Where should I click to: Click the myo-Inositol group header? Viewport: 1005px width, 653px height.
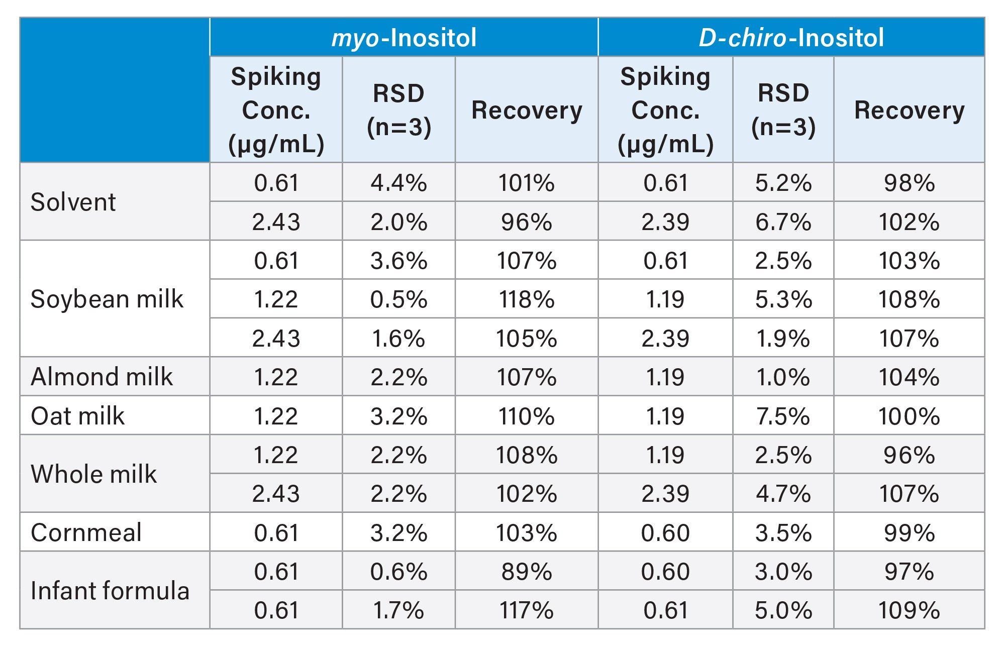404,38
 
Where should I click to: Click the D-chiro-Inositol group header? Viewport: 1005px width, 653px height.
791,38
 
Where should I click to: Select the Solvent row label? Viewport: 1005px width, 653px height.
73,202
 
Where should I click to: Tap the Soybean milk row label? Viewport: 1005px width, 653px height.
107,299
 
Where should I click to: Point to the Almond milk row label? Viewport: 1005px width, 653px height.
102,377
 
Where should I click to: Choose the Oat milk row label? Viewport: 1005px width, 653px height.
78,416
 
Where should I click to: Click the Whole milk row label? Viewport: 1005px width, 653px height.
94,474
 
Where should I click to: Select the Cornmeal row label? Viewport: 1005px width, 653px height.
86,532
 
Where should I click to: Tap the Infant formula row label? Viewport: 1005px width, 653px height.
110,591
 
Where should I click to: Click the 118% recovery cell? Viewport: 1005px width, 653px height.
527,299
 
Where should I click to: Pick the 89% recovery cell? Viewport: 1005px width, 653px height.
527,572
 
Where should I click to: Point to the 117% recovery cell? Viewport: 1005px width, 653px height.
527,611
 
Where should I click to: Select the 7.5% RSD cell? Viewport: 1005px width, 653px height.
783,416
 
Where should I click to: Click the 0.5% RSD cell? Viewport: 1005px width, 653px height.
398,299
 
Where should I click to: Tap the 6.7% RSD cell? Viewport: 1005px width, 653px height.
783,222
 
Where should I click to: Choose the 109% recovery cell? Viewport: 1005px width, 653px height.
909,611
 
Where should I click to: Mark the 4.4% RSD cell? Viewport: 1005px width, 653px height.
398,183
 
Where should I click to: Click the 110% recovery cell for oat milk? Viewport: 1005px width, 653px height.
527,416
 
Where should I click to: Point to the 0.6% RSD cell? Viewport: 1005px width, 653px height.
398,572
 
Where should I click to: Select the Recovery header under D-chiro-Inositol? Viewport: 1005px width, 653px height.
909,110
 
